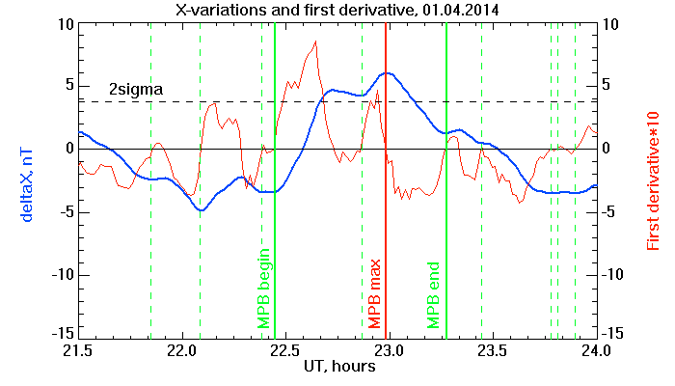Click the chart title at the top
[x=337, y=9]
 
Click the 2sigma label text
[x=136, y=90]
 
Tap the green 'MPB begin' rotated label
[x=263, y=289]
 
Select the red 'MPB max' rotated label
[x=374, y=293]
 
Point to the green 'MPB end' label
[x=433, y=295]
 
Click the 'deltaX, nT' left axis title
[x=26, y=185]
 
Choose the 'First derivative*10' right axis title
[x=653, y=181]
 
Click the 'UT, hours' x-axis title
[x=339, y=366]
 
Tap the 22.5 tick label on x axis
[x=286, y=350]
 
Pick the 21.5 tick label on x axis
[x=78, y=350]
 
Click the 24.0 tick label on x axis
[x=596, y=350]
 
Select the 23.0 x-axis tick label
[x=390, y=350]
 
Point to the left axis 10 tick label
[x=67, y=24]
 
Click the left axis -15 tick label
[x=64, y=333]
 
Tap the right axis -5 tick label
[x=610, y=212]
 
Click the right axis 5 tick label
[x=607, y=85]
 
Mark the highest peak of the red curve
[x=316, y=41]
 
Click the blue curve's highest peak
[x=388, y=73]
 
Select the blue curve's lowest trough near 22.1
[x=201, y=209]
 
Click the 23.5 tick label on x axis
[x=493, y=350]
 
